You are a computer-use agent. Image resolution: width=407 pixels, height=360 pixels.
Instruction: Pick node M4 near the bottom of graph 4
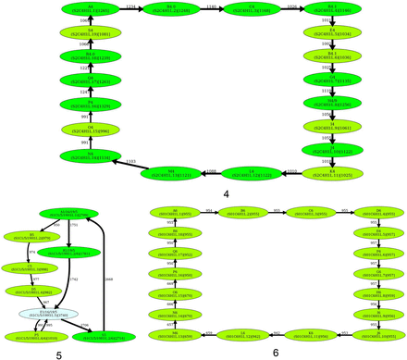point(171,171)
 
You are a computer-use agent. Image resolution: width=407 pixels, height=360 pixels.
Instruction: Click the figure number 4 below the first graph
point(226,194)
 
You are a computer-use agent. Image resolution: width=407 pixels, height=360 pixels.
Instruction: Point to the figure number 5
point(59,353)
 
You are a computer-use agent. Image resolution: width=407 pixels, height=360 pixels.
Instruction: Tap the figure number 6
point(275,353)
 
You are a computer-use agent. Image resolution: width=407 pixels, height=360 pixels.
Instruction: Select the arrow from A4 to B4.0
point(130,8)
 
